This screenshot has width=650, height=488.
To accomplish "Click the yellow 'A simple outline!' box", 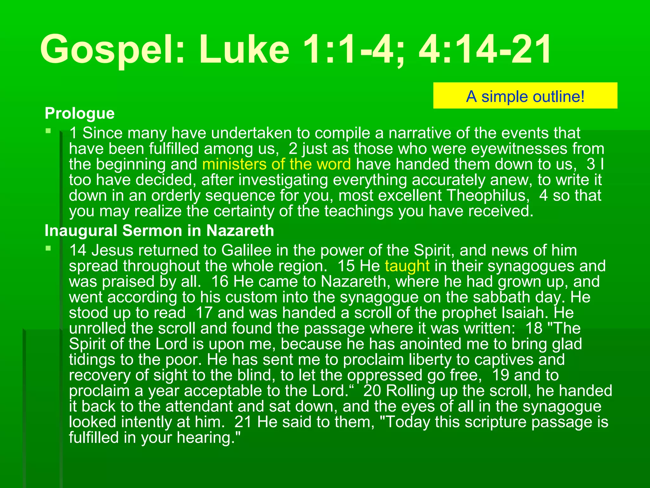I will [525, 96].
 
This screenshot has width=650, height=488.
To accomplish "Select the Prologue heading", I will [80, 113].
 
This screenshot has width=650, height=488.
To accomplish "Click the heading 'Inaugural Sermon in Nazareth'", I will [159, 231].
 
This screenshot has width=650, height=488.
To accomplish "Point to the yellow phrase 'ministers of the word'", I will [276, 164].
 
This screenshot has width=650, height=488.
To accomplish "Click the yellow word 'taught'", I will [407, 266].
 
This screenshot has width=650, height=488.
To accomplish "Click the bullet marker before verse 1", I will [48, 131].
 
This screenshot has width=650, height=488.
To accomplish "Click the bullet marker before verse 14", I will [48, 248].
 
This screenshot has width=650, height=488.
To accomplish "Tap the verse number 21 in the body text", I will [243, 422].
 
